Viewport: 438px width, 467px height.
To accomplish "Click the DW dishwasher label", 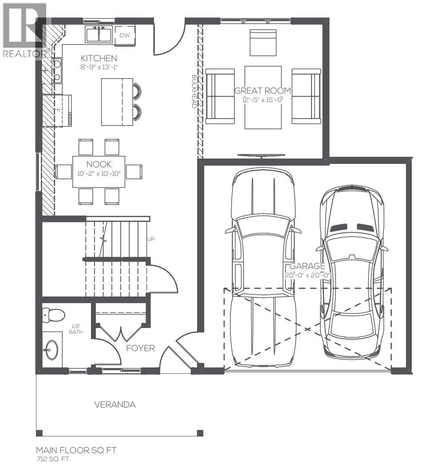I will [125, 36].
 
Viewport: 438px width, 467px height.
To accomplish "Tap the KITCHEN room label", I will [99, 58].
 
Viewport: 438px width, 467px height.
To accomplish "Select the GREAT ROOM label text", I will [263, 91].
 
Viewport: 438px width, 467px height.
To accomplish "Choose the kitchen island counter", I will [117, 102].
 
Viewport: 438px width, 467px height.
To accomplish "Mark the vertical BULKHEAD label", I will [194, 91].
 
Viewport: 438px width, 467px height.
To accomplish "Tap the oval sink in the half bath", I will [51, 349].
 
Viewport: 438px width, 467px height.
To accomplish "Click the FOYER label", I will [140, 348].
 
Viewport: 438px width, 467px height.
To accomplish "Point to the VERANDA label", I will [114, 405].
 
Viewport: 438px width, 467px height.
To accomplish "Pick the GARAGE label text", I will [308, 266].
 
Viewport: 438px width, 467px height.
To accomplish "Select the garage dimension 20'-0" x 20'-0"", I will [308, 275].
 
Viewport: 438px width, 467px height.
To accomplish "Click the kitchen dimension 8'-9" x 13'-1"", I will [99, 67].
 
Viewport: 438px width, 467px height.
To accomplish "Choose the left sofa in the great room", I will [220, 96].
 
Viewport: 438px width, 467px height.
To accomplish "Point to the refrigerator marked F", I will [58, 110].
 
